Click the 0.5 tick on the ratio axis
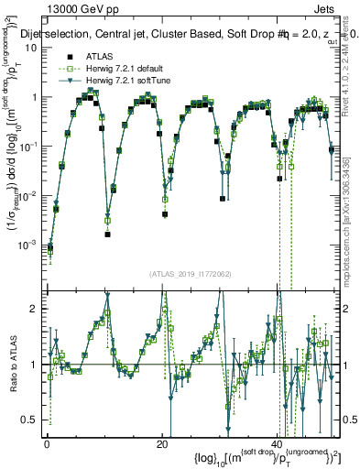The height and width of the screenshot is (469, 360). coord(34,420)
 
